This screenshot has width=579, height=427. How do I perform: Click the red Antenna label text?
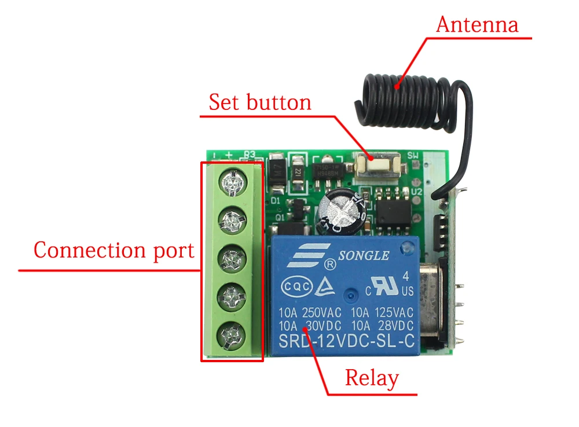coord(477,25)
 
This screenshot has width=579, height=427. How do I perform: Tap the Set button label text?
coord(260,102)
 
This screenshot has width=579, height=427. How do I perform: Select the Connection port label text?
coord(113,251)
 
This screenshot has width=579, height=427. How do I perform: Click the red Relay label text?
coord(372,378)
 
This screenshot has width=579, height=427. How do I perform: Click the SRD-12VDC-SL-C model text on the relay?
coord(347,341)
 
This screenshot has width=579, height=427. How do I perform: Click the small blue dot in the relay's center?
coord(349,296)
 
